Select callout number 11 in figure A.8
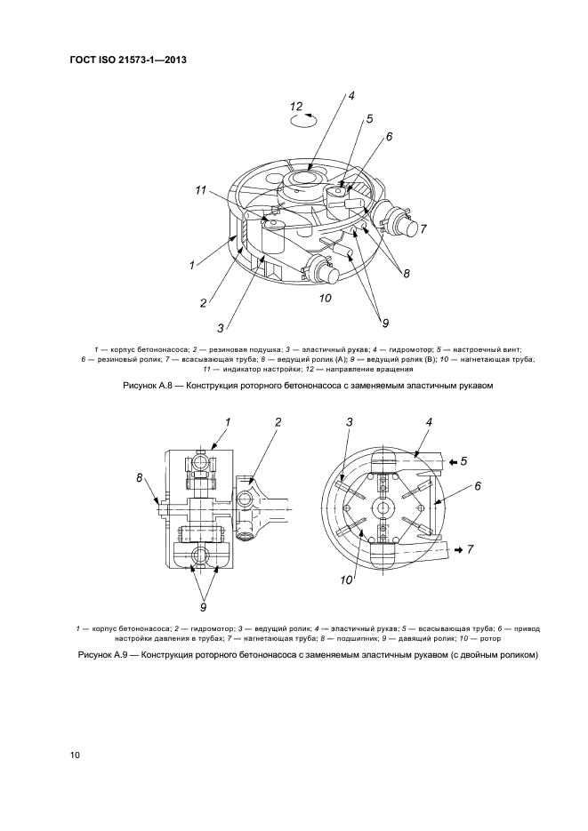(203, 190)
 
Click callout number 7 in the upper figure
(423, 229)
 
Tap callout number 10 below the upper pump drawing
(326, 298)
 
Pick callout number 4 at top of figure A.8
(352, 95)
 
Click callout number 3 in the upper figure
(220, 328)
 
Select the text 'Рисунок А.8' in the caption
(147, 387)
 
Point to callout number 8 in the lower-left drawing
(140, 478)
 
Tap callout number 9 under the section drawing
(203, 607)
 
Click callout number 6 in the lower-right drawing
(478, 486)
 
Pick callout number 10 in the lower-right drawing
(347, 579)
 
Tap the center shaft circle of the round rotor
(383, 507)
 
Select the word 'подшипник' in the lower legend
(400, 628)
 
